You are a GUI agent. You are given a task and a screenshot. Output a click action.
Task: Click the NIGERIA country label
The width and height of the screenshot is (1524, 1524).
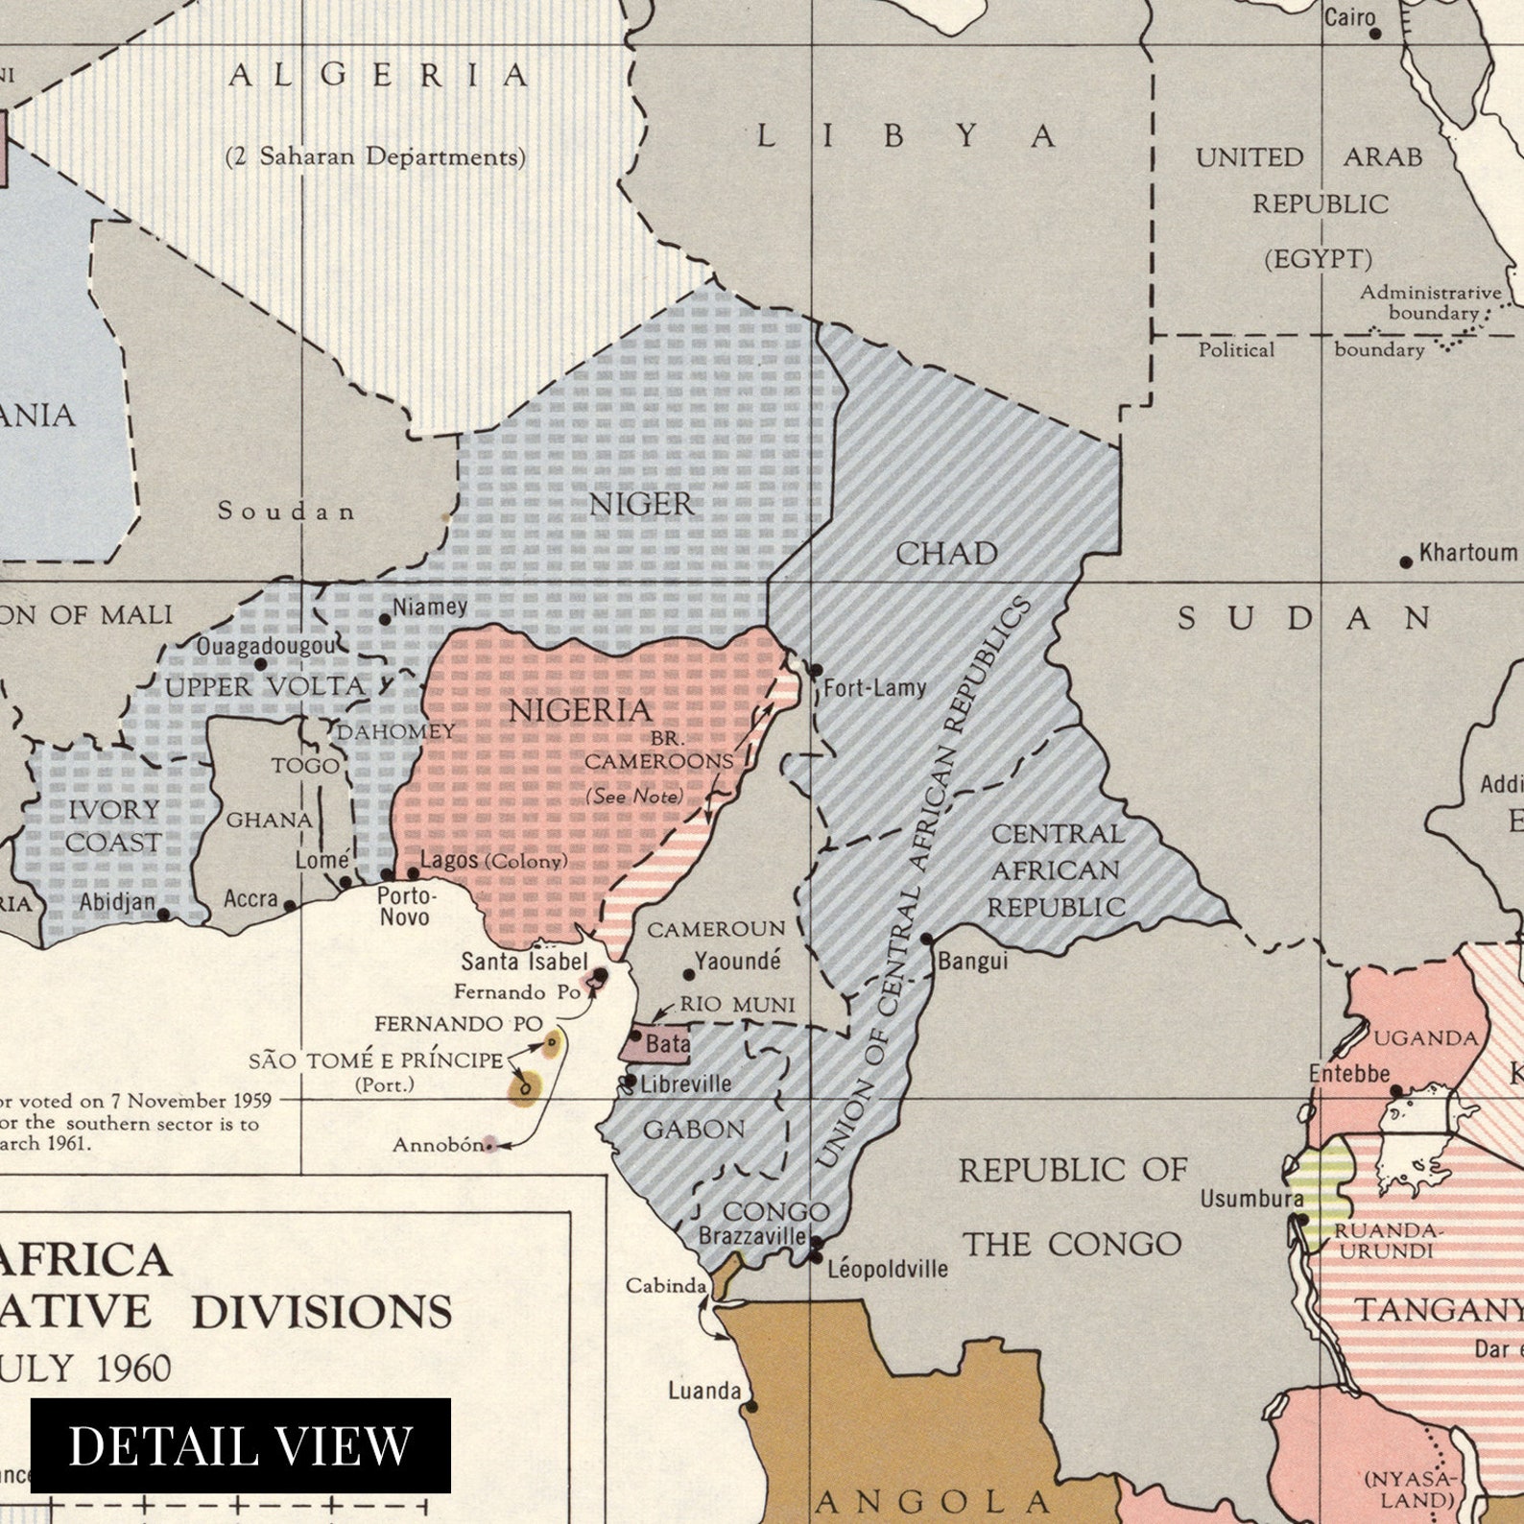click(580, 710)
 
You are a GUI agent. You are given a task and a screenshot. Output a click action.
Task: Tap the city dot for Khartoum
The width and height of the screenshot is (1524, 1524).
click(1406, 561)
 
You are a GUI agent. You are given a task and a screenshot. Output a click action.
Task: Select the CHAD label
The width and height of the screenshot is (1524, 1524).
click(946, 554)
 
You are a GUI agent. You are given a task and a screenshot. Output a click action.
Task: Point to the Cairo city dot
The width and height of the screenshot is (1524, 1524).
click(1374, 34)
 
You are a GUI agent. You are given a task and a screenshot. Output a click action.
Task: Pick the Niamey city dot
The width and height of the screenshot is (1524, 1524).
click(385, 619)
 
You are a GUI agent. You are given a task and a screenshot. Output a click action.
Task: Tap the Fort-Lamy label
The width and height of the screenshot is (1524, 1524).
click(874, 687)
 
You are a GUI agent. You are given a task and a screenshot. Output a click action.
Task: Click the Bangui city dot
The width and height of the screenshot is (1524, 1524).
click(926, 939)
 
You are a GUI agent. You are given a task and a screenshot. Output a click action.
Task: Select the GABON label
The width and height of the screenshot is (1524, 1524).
click(693, 1130)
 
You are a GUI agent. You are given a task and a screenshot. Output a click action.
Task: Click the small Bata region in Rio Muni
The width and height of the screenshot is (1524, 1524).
click(656, 1044)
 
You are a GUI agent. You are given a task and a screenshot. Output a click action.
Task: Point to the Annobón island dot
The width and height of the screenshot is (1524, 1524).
click(489, 1144)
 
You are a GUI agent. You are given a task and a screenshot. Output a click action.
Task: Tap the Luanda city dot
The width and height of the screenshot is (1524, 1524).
click(751, 1407)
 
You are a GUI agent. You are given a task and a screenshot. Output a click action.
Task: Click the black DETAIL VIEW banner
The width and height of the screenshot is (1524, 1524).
click(240, 1445)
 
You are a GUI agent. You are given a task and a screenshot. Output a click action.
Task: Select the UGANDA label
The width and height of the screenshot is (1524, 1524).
click(1425, 1037)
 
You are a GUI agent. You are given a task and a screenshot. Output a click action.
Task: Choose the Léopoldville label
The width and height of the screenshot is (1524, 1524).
click(887, 1269)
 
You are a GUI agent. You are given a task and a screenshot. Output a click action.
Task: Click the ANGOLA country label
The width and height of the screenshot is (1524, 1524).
click(931, 1500)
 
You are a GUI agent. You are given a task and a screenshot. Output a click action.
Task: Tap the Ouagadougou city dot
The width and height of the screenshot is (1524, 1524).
click(260, 664)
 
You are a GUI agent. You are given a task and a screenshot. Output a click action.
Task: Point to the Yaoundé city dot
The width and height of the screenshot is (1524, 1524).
click(688, 974)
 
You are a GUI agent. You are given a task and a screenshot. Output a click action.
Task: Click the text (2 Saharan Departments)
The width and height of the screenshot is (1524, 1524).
click(375, 156)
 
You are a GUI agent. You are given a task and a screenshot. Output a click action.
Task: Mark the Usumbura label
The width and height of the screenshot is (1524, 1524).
click(1250, 1199)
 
